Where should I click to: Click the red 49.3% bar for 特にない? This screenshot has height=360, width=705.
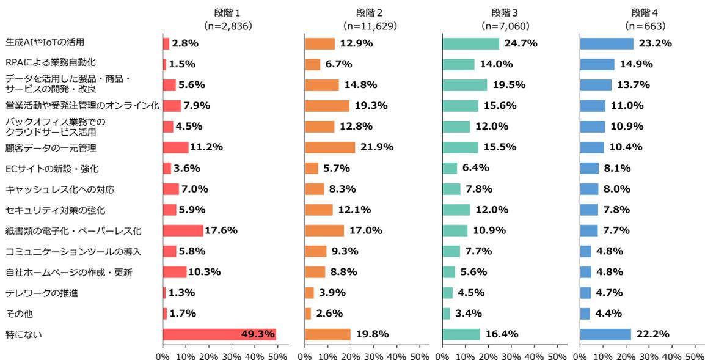click(219, 334)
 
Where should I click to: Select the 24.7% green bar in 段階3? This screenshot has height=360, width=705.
click(470, 43)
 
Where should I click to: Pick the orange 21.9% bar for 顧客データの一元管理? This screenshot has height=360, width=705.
click(330, 147)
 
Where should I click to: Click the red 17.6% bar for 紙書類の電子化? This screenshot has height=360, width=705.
click(183, 230)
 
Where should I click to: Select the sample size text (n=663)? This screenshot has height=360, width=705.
click(645, 26)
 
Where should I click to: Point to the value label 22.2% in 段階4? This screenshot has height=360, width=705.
click(652, 334)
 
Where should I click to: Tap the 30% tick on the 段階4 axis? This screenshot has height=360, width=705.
click(649, 354)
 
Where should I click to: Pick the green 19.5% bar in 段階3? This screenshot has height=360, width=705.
click(464, 85)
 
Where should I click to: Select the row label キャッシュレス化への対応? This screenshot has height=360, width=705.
click(59, 189)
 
